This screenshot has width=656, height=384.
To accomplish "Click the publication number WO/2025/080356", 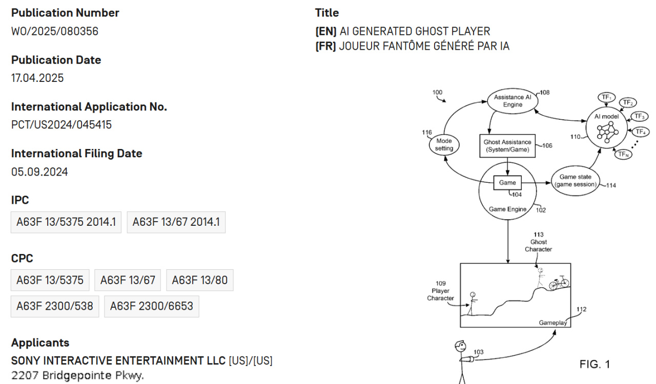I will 55,31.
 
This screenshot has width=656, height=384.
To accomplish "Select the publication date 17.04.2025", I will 37,78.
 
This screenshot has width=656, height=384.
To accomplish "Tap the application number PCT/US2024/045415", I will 61,125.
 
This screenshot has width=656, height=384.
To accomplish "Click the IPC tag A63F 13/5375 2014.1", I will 66,222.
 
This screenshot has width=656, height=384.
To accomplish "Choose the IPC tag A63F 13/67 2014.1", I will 176,222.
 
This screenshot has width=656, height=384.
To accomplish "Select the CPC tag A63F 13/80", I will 199,280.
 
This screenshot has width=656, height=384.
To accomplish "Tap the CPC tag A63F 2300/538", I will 55,306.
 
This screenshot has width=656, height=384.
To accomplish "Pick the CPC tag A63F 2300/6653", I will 152,306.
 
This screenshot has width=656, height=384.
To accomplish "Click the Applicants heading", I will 40,343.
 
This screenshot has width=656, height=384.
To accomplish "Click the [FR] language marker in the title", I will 326,46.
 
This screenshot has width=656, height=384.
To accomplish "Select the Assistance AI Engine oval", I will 512,101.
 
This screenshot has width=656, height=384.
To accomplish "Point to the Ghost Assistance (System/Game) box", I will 507,146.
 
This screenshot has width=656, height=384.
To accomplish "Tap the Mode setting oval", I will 444,145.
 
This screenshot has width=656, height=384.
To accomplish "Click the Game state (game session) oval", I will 575,181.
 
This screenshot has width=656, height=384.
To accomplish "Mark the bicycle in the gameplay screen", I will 559,283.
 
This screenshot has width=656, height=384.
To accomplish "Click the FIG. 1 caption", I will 594,364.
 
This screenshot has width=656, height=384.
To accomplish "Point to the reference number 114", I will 611,185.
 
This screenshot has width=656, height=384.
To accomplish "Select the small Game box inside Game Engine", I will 507,183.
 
